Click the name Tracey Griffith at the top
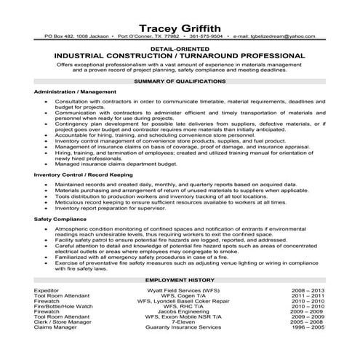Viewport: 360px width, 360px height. (x=179, y=20)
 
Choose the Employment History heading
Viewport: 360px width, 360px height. (x=179, y=280)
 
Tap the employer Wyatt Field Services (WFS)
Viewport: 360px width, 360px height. (x=179, y=289)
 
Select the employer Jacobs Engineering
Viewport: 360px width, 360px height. (x=179, y=313)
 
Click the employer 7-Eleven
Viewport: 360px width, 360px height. (x=179, y=325)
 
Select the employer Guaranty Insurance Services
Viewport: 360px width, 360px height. (x=179, y=331)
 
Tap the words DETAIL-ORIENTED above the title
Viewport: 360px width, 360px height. (x=179, y=47)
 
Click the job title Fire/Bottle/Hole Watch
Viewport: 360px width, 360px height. (x=60, y=307)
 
